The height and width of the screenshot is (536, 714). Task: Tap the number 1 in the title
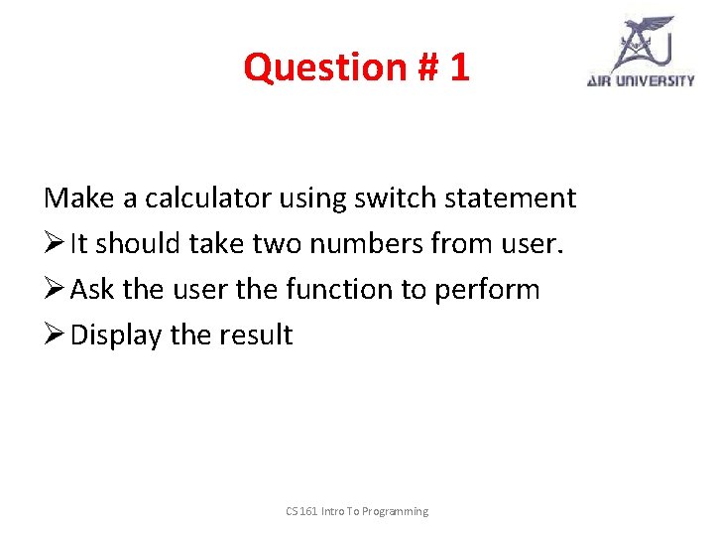pyautogui.click(x=458, y=67)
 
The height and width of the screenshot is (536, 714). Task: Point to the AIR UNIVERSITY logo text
pyautogui.click(x=641, y=80)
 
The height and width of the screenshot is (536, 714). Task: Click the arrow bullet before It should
pyautogui.click(x=55, y=244)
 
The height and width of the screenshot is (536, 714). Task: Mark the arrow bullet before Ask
pyautogui.click(x=55, y=290)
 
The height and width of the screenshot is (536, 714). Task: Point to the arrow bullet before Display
pyautogui.click(x=55, y=335)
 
